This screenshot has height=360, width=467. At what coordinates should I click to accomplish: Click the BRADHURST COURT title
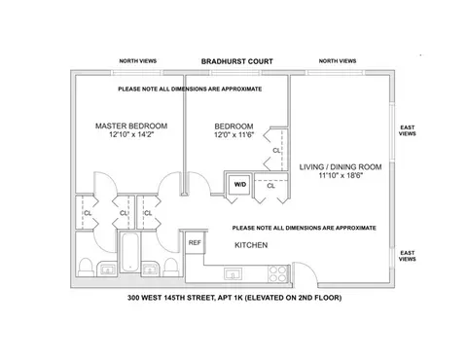(236, 61)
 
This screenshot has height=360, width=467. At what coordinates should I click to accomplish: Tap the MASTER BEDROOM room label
(131, 126)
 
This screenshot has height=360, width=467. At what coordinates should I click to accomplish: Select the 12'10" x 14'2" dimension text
(131, 137)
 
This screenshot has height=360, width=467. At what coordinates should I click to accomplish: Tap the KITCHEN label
(251, 246)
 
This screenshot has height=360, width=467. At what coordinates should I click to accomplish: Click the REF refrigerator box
(195, 242)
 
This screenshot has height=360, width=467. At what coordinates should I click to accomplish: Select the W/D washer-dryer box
(238, 184)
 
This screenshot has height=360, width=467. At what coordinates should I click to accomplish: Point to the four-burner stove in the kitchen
(279, 271)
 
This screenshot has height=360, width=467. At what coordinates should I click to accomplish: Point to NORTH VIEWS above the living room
(337, 61)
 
